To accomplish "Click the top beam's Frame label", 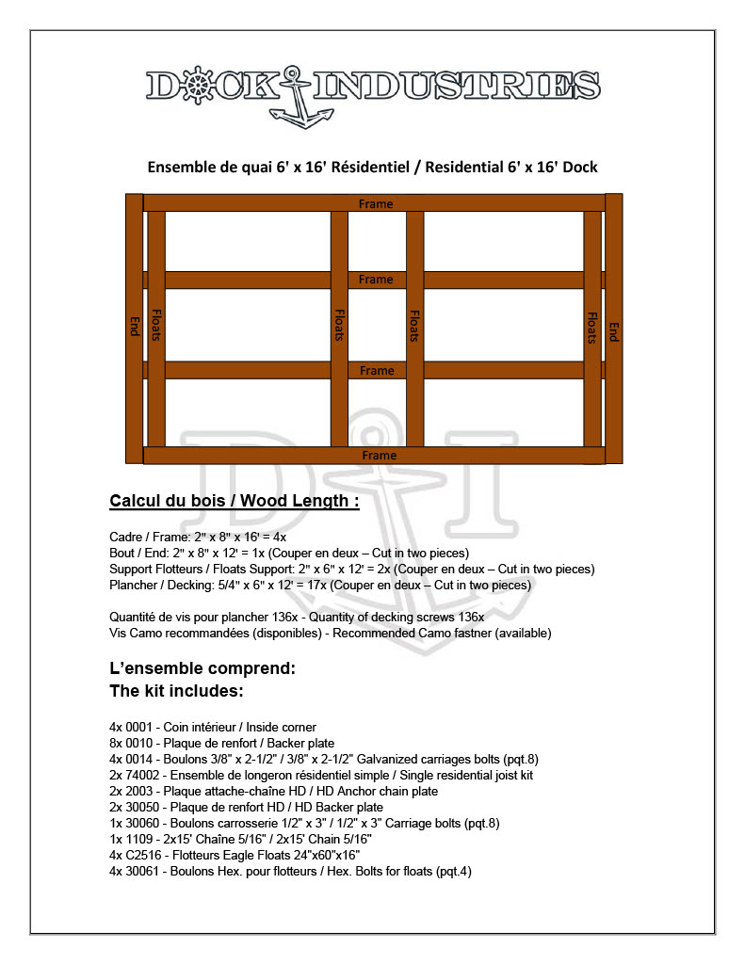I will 376,203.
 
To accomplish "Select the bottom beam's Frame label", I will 379,456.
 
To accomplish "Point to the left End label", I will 134,326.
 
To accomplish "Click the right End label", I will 614,331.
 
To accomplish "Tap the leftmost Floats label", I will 156,326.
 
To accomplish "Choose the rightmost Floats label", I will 592,328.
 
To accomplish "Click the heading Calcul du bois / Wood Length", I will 235,501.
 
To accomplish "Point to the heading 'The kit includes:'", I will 177,691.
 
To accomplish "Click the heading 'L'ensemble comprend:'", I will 203,669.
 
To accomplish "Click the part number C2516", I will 139,855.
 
